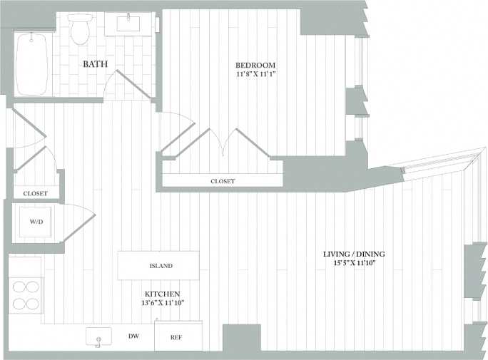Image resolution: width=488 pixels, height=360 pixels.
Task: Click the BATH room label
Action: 96,64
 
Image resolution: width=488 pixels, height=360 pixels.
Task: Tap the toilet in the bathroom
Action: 80,29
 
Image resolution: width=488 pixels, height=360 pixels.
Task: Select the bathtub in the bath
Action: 31,63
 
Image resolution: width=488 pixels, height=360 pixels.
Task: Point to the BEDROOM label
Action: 255,65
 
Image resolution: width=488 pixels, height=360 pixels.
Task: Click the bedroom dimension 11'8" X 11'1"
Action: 255,74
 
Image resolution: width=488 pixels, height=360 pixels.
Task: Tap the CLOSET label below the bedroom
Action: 223,181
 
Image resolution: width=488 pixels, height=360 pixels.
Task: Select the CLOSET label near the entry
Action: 35,193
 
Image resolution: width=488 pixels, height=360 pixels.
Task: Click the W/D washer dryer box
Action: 36,222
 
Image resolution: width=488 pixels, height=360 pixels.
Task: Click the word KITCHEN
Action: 162,294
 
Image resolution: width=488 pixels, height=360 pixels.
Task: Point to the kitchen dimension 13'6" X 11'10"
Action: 162,304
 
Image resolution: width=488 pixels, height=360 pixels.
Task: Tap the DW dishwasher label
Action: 133,336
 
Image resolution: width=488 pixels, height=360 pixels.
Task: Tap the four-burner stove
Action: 25,294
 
